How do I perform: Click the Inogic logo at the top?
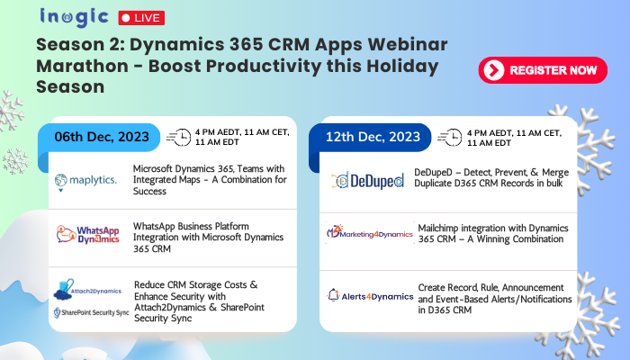[x=74, y=18]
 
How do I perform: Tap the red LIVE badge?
[x=141, y=18]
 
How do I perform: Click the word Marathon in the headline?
[x=83, y=66]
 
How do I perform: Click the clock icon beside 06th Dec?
[x=179, y=137]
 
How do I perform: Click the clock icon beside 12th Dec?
[x=450, y=138]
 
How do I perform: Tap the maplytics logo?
[x=85, y=182]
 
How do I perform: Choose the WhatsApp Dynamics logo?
[x=88, y=235]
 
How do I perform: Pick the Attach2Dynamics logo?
[x=87, y=290]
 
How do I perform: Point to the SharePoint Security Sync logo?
[x=92, y=312]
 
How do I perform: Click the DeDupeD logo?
[x=367, y=181]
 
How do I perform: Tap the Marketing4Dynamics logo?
[x=370, y=232]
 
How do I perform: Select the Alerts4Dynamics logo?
[x=370, y=296]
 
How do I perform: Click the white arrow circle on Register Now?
[x=494, y=70]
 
